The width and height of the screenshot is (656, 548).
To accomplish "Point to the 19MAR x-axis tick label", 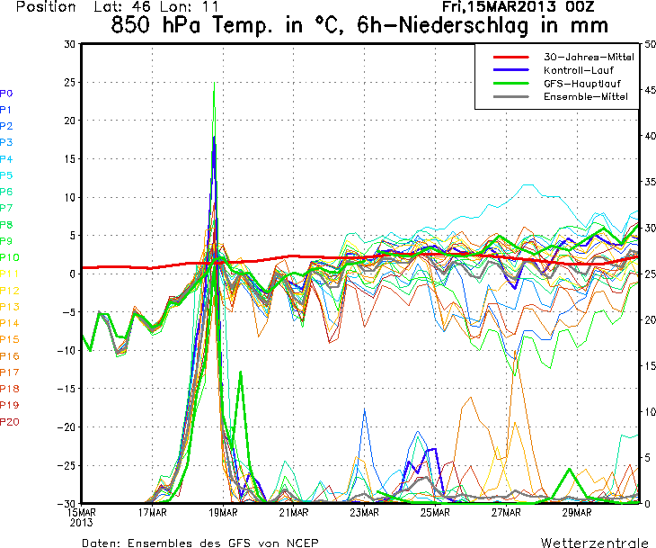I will click(x=223, y=514).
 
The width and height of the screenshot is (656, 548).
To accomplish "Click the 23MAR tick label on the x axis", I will click(x=363, y=514).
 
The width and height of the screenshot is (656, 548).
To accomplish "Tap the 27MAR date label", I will click(x=505, y=514).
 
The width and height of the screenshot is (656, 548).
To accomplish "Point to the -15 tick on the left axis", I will click(x=66, y=389).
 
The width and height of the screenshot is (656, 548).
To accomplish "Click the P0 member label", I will click(x=6, y=93).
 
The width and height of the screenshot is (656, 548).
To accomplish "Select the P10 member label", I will click(x=9, y=257).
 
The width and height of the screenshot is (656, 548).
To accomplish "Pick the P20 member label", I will click(x=10, y=421).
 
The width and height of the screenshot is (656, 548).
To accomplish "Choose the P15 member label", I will click(x=10, y=339).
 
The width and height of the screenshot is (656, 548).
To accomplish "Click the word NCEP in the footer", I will click(x=300, y=544).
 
